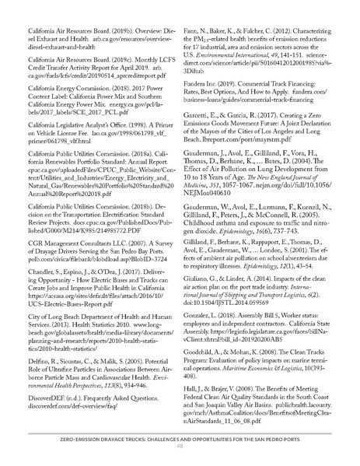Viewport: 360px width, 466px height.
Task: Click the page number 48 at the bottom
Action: tap(180, 446)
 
